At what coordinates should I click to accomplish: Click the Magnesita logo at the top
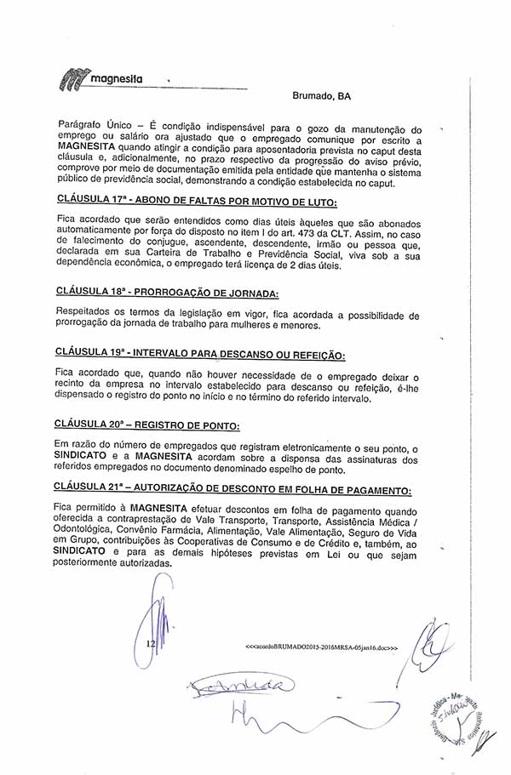click(x=100, y=80)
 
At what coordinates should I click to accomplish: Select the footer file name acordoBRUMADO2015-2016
click(x=321, y=648)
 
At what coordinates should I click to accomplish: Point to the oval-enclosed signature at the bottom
click(x=241, y=685)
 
